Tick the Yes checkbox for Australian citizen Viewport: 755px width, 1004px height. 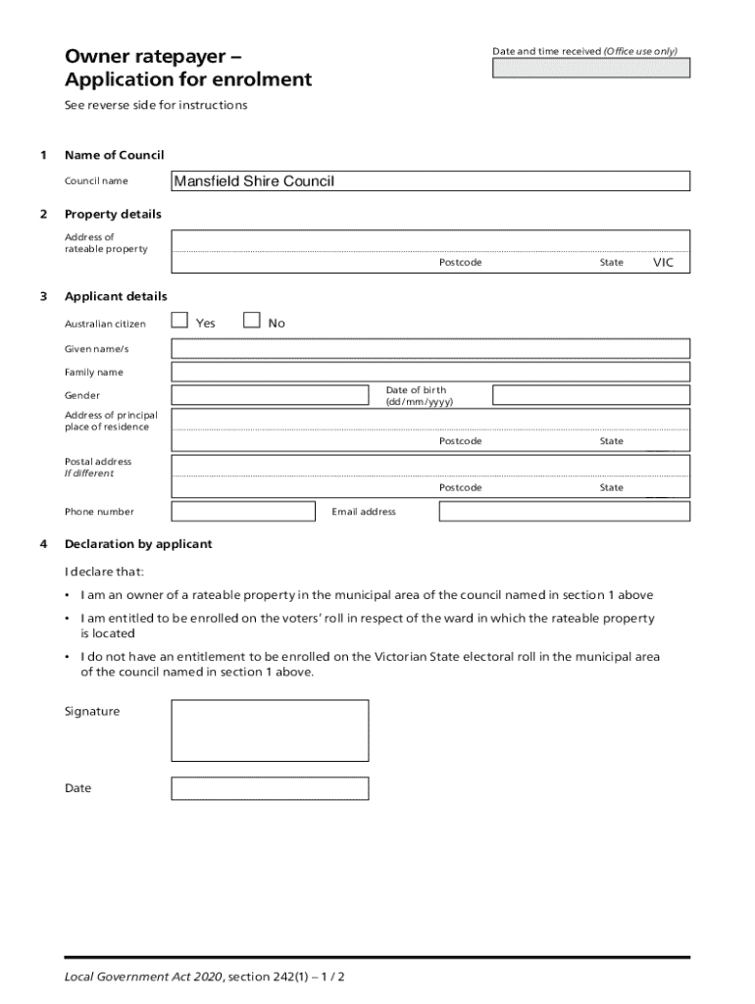point(179,320)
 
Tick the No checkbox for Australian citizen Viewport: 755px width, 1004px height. point(252,320)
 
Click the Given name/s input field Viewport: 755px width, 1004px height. point(430,349)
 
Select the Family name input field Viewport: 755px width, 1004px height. point(430,372)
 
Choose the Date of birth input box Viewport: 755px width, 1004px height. point(590,395)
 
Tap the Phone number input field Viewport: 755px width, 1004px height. point(243,512)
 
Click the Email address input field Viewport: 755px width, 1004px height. point(564,512)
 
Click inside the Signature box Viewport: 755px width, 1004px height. point(270,730)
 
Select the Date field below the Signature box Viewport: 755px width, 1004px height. point(270,788)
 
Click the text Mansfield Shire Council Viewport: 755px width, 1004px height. point(254,181)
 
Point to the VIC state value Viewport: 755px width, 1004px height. point(664,263)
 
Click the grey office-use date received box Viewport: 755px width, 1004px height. point(590,68)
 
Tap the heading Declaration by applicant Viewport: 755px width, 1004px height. point(138,544)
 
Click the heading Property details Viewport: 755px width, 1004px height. point(113,214)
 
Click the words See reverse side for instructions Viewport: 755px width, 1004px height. point(156,105)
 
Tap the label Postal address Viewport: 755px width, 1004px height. point(98,461)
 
